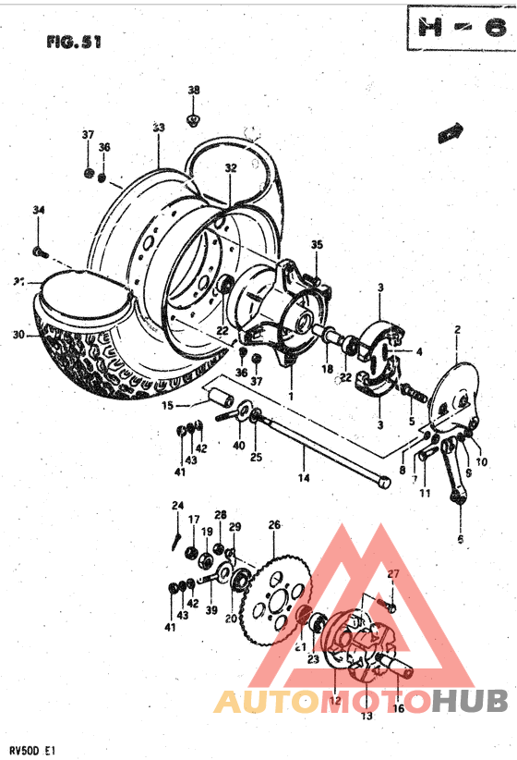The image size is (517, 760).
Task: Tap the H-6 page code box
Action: click(458, 28)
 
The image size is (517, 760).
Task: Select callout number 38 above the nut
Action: click(193, 90)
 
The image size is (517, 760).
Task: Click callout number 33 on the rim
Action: click(158, 128)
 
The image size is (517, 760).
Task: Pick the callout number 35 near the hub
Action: click(317, 245)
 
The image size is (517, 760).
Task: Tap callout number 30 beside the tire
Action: click(18, 335)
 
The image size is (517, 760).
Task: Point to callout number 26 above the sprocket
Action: click(273, 525)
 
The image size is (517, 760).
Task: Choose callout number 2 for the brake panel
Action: click(456, 330)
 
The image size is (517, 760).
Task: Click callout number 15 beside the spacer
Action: click(169, 404)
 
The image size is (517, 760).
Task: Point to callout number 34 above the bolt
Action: click(38, 211)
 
